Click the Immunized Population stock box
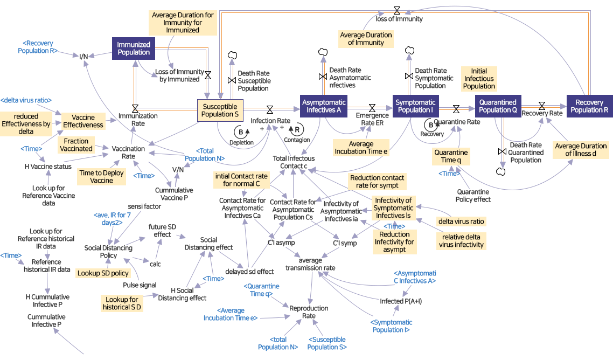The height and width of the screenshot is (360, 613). pyautogui.click(x=134, y=49)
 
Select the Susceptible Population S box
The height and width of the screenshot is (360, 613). pyautogui.click(x=220, y=110)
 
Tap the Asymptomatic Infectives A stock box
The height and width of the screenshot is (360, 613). pyautogui.click(x=324, y=106)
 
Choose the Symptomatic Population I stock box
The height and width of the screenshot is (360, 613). pyautogui.click(x=415, y=106)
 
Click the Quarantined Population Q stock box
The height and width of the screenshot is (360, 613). pyautogui.click(x=498, y=106)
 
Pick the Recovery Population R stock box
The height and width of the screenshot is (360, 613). pyautogui.click(x=589, y=106)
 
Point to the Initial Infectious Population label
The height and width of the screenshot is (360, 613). pyautogui.click(x=479, y=79)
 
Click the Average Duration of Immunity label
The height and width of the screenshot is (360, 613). pyautogui.click(x=366, y=39)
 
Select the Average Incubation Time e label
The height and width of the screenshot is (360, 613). pyautogui.click(x=361, y=148)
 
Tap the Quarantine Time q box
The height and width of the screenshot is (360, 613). pyautogui.click(x=451, y=156)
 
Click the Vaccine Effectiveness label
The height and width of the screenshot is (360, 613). pyautogui.click(x=83, y=121)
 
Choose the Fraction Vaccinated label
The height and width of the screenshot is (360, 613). pyautogui.click(x=76, y=145)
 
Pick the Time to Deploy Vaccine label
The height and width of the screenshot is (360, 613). pyautogui.click(x=101, y=177)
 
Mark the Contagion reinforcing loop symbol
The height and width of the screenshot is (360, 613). pyautogui.click(x=297, y=129)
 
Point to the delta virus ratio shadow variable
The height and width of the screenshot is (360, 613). pyautogui.click(x=26, y=100)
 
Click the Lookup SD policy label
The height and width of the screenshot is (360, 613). pyautogui.click(x=103, y=273)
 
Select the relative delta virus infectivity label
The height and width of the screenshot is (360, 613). pyautogui.click(x=461, y=241)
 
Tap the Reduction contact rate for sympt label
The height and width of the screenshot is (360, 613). pyautogui.click(x=377, y=182)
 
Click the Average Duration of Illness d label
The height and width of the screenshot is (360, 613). pyautogui.click(x=581, y=150)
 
